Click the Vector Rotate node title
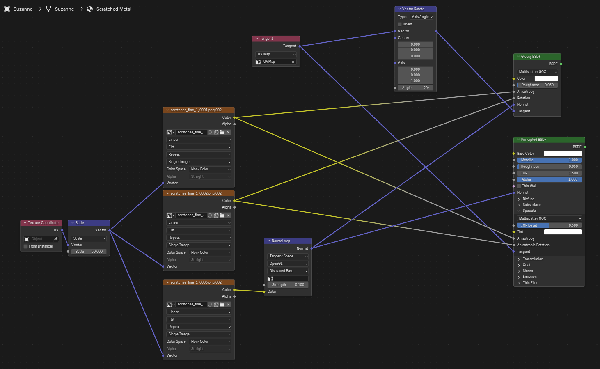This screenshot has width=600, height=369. (x=413, y=9)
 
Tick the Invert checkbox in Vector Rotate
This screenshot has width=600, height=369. (x=400, y=24)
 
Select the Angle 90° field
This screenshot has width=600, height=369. (x=415, y=87)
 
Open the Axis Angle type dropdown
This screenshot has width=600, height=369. (x=421, y=16)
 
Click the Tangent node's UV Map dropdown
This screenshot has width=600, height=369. (x=276, y=54)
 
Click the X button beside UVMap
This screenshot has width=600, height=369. (x=293, y=62)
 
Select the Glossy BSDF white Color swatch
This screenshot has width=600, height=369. (x=546, y=78)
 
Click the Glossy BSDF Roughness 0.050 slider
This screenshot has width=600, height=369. (x=537, y=85)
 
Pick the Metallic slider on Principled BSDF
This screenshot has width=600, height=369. (x=549, y=160)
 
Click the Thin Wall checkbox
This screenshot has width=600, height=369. (x=519, y=186)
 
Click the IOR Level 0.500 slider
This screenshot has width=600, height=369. (x=549, y=225)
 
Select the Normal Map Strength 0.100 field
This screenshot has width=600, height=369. (x=288, y=285)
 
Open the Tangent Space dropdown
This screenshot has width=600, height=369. (x=288, y=256)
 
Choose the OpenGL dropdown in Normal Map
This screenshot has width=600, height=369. (x=288, y=264)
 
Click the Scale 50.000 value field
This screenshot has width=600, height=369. (x=89, y=252)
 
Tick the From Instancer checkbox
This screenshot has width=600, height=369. (x=26, y=246)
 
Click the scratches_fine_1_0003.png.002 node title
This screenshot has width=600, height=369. (x=196, y=282)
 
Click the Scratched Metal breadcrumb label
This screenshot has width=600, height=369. (x=114, y=9)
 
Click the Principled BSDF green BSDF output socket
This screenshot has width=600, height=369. (x=585, y=147)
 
